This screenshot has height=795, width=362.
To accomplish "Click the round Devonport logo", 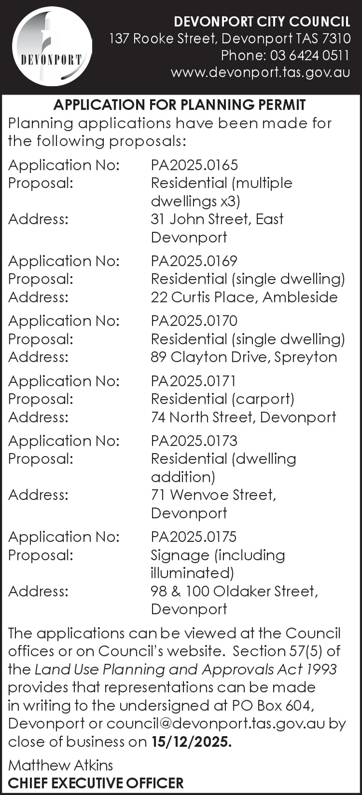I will [52, 46].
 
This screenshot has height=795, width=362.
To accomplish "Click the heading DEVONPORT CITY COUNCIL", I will [262, 22].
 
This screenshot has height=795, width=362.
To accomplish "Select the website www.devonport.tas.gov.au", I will [260, 72].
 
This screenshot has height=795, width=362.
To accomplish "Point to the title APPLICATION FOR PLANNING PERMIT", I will [180, 105].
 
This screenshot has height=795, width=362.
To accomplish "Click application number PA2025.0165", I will [194, 165].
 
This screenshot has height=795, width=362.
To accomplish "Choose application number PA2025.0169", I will [194, 261].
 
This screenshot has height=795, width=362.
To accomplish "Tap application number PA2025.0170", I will [194, 320].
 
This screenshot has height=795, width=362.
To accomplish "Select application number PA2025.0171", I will [193, 381].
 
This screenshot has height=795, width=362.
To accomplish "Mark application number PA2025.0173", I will [194, 441].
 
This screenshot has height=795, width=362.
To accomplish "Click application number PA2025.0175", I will [193, 537].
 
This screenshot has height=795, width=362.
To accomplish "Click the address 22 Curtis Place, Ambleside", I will [244, 297].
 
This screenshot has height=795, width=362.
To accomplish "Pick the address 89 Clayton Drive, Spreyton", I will [244, 357].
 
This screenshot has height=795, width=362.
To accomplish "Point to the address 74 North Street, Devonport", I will [243, 417].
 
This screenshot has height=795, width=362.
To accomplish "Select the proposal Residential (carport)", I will [222, 399].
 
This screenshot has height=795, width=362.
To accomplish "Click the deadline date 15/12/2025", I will [191, 742].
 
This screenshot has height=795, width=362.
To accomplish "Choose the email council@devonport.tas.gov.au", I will [216, 724].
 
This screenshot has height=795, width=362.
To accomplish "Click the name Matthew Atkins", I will [60, 765].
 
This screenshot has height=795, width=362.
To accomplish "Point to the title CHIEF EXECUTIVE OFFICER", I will [96, 783].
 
